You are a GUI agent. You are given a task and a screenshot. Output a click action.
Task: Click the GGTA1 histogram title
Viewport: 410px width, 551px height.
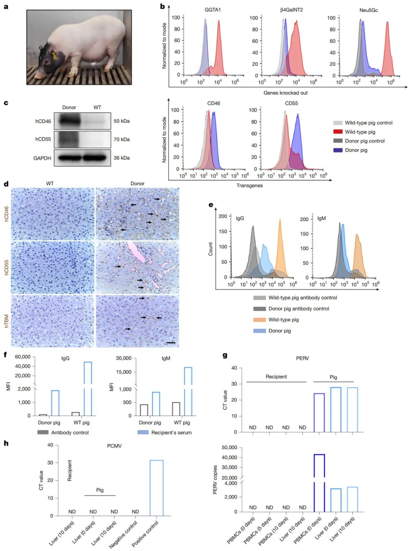click(x=213, y=10)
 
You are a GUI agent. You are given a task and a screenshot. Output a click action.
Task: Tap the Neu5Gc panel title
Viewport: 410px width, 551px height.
click(x=369, y=10)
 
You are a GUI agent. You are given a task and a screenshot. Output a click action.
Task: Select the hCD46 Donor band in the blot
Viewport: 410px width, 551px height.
click(x=68, y=121)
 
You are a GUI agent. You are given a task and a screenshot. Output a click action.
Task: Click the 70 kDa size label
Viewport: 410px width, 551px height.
click(x=121, y=140)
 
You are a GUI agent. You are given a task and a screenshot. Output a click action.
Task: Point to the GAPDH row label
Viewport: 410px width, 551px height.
click(x=42, y=158)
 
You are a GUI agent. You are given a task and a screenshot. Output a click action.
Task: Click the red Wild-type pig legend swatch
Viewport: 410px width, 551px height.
click(x=338, y=132)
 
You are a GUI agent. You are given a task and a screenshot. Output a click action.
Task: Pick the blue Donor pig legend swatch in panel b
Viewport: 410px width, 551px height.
click(x=338, y=150)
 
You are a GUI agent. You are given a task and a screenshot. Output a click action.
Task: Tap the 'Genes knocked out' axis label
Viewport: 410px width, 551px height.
click(x=285, y=93)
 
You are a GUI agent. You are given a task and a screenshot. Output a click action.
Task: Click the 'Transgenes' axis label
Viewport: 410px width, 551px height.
click(x=249, y=185)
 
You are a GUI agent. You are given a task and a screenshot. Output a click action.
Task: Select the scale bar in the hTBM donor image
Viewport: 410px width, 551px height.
click(x=171, y=343)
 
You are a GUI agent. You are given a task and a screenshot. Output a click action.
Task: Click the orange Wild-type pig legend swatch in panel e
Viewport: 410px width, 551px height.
click(x=260, y=320)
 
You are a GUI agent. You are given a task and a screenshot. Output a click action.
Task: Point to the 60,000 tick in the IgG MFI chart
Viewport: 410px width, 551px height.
click(x=23, y=357)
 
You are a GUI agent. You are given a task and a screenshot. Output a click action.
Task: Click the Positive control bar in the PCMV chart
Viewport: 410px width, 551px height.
click(x=156, y=488)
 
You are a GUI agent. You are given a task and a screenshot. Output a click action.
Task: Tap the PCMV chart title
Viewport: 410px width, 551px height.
click(x=114, y=446)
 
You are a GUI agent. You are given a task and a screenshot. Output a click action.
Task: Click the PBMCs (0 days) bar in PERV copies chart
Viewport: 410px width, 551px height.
click(x=319, y=482)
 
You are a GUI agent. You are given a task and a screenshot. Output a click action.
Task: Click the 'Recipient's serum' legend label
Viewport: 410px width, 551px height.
click(x=171, y=433)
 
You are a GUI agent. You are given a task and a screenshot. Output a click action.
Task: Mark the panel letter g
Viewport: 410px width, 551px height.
click(x=225, y=355)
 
